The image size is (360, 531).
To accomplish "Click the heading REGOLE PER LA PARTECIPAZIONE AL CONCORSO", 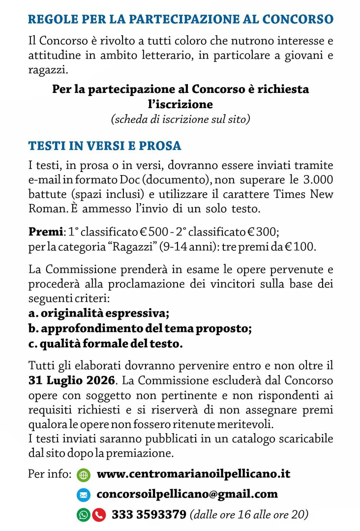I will click(x=180, y=20).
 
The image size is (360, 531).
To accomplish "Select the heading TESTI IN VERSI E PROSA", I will click(x=104, y=146).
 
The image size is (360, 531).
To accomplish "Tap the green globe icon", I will click(x=84, y=475).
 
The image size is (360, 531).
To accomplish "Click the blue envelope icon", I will click(x=84, y=495).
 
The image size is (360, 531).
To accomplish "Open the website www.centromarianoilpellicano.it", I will click(x=193, y=474).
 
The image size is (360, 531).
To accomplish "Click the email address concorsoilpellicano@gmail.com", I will click(x=187, y=494).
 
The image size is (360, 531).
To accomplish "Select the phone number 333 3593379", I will click(x=149, y=515).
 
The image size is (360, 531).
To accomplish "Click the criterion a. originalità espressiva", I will click(x=99, y=313).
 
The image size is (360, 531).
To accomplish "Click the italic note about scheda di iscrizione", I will click(x=180, y=119).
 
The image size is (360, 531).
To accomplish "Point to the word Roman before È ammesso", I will click(x=47, y=208).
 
